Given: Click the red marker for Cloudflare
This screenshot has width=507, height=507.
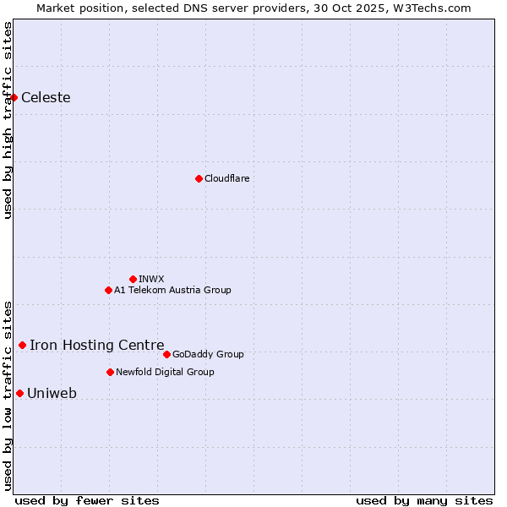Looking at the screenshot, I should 199,178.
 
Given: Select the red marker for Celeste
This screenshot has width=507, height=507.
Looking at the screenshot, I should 14,98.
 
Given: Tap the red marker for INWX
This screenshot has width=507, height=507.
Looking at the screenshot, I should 133,279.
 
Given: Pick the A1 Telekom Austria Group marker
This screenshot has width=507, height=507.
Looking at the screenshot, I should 108,290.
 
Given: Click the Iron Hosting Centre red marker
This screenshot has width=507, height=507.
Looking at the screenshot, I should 22,345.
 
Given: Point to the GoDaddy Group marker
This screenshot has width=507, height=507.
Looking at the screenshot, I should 166,354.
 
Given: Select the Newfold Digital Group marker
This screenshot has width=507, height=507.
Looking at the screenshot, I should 110,372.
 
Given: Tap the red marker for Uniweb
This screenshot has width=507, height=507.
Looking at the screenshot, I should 19,393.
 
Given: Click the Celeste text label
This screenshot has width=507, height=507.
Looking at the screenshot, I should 46,98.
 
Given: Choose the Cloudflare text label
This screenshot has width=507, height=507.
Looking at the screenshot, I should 227,178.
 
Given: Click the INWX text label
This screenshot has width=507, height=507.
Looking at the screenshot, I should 151,279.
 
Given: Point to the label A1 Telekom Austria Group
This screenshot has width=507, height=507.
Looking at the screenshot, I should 172,290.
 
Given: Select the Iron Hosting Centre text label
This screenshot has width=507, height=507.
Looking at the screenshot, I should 97,345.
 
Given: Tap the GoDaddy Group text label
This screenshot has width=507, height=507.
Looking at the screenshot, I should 208,354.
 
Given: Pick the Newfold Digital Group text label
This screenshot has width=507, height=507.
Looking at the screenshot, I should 165,372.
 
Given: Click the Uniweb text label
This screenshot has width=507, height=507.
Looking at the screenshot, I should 52,393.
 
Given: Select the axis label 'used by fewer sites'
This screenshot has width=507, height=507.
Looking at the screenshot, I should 87,500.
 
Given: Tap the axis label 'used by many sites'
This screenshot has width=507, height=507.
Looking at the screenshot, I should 424,500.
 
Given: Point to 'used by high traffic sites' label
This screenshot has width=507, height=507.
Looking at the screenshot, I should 8,120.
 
